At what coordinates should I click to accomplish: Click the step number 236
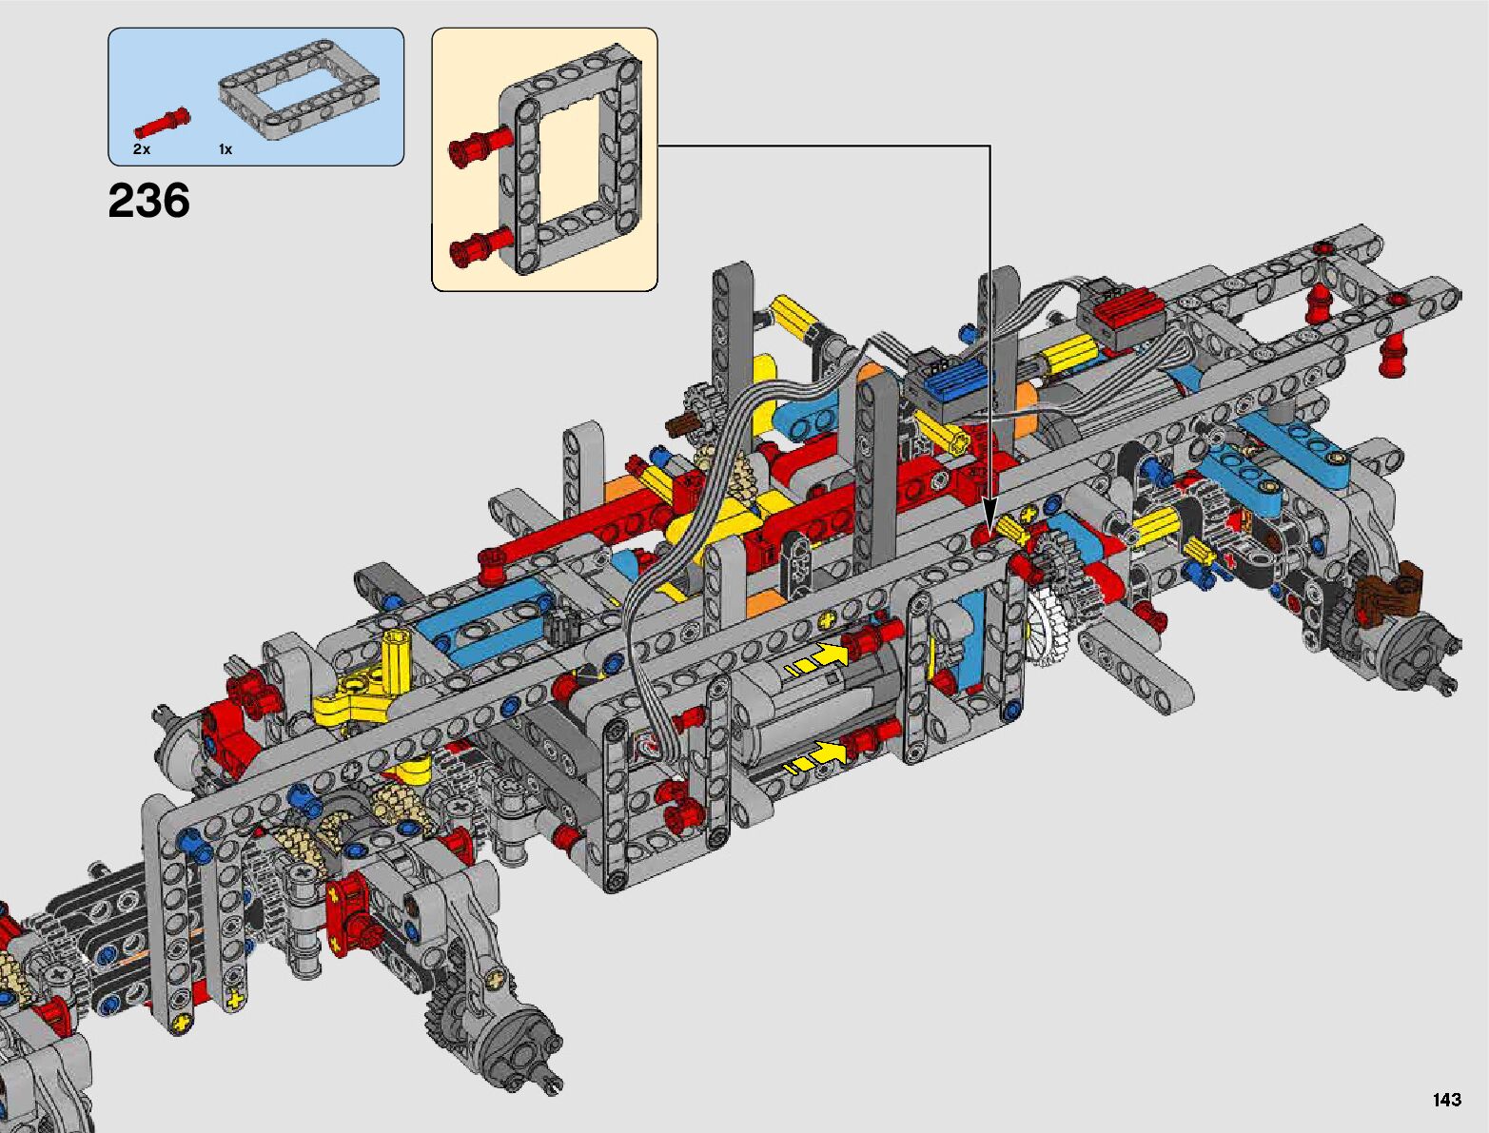pyautogui.click(x=148, y=201)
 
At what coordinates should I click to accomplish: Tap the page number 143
pyautogui.click(x=1447, y=1099)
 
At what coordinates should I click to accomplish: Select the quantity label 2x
pyautogui.click(x=142, y=149)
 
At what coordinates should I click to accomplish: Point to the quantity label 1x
pyautogui.click(x=225, y=149)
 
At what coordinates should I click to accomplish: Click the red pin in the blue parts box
pyautogui.click(x=162, y=123)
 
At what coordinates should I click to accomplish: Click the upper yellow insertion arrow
pyautogui.click(x=816, y=660)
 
